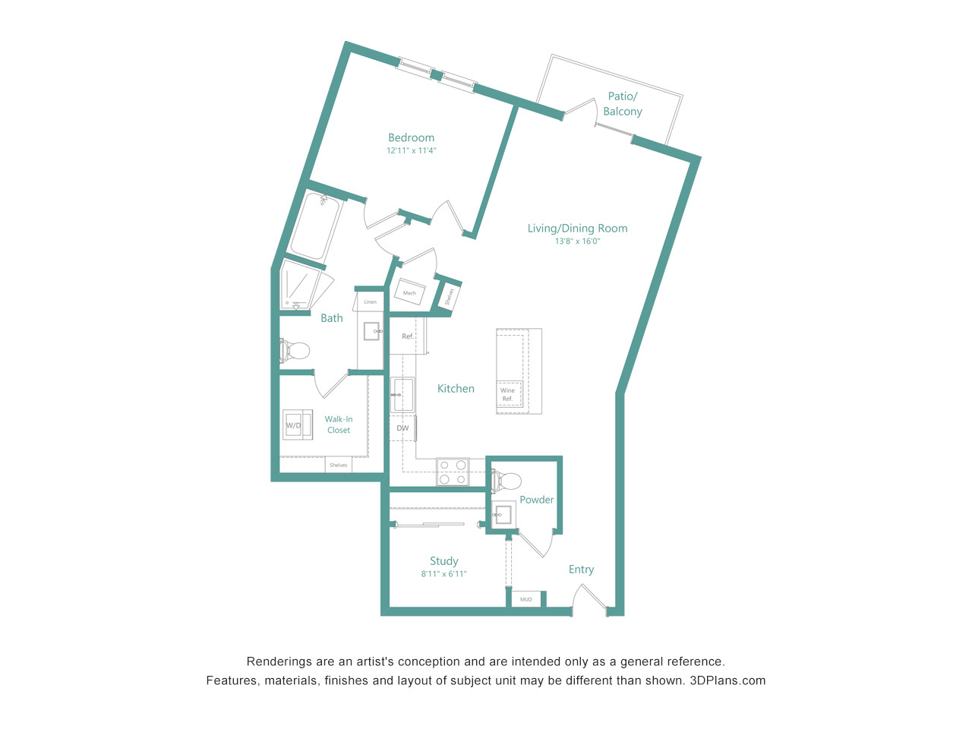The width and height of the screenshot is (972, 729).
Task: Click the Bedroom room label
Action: (411, 137)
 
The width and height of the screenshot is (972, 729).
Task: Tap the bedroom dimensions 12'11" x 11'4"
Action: (411, 150)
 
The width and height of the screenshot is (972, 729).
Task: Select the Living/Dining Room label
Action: (577, 229)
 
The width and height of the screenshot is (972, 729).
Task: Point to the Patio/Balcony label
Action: (623, 103)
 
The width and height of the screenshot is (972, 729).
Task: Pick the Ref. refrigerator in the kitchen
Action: (407, 336)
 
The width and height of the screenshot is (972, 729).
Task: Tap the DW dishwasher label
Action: (402, 428)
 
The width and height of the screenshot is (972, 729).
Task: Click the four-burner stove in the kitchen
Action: (453, 472)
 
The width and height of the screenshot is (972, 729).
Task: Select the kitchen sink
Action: (402, 395)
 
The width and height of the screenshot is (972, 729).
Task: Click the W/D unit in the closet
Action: (298, 424)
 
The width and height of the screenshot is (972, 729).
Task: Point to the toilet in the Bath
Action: (295, 352)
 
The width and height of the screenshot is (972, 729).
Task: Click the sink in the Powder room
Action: (503, 514)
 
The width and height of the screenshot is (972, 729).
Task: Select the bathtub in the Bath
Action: (315, 228)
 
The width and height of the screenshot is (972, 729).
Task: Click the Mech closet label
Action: (409, 293)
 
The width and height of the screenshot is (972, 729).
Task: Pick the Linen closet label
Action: (371, 302)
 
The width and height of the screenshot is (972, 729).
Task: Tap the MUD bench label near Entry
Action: (526, 599)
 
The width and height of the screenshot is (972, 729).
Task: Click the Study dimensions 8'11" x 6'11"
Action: (443, 574)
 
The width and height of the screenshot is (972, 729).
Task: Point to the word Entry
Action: (581, 570)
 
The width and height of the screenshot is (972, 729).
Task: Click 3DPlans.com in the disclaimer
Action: (727, 680)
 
